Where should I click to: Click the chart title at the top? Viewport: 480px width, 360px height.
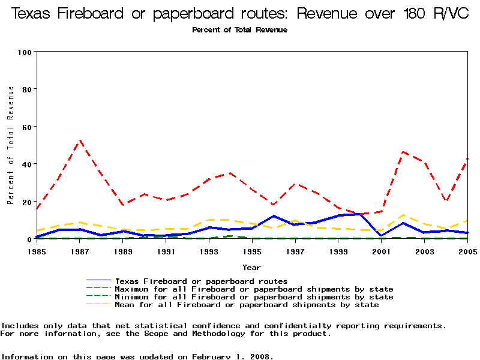pos(240,14)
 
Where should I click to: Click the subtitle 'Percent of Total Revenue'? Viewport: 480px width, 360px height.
pos(240,30)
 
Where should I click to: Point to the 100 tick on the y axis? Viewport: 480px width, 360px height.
pos(25,52)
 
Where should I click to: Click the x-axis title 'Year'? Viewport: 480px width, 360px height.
pos(252,267)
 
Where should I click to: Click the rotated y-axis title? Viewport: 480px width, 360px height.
pos(11,145)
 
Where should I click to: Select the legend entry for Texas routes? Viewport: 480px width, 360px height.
pos(201,281)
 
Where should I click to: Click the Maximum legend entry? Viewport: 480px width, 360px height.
pos(254,289)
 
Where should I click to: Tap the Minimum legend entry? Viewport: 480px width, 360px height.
pos(254,297)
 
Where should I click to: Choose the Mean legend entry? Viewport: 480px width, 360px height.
pos(247,305)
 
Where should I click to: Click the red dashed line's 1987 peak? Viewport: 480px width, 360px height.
pos(80,141)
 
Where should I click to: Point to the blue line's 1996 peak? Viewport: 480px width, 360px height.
pos(274,216)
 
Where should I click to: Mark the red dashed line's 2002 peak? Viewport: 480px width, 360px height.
pos(403,152)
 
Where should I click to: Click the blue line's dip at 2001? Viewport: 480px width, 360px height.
pos(382,235)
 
